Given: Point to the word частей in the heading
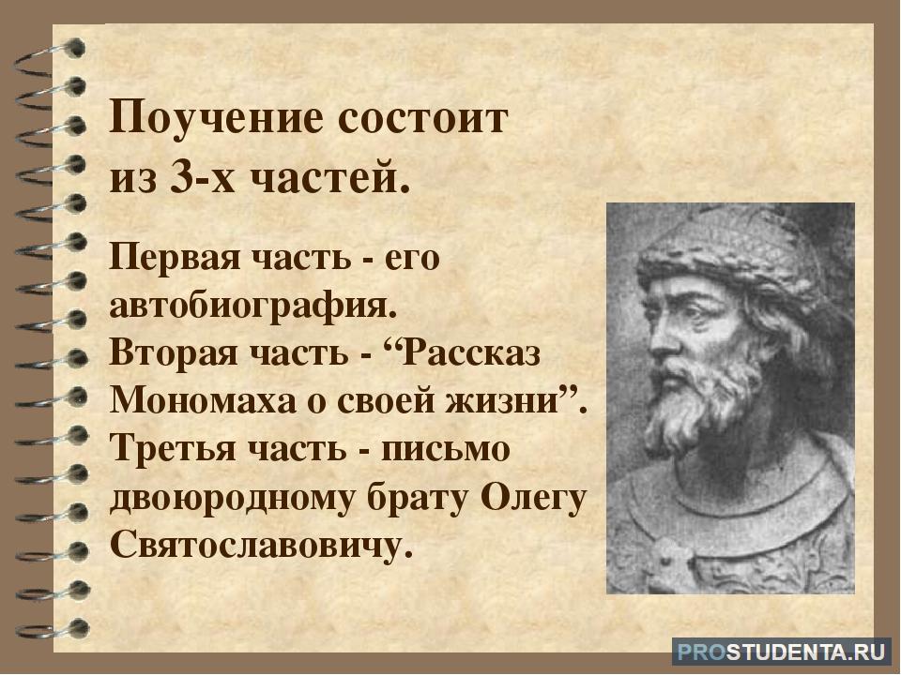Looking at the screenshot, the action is point(331,180).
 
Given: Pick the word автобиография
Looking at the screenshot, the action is point(253,306).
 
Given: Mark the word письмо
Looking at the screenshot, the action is point(446,448).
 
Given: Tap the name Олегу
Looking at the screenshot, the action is point(533,498).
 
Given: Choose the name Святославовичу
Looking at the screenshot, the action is point(262,544).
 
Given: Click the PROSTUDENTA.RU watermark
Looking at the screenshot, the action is point(781,652).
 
